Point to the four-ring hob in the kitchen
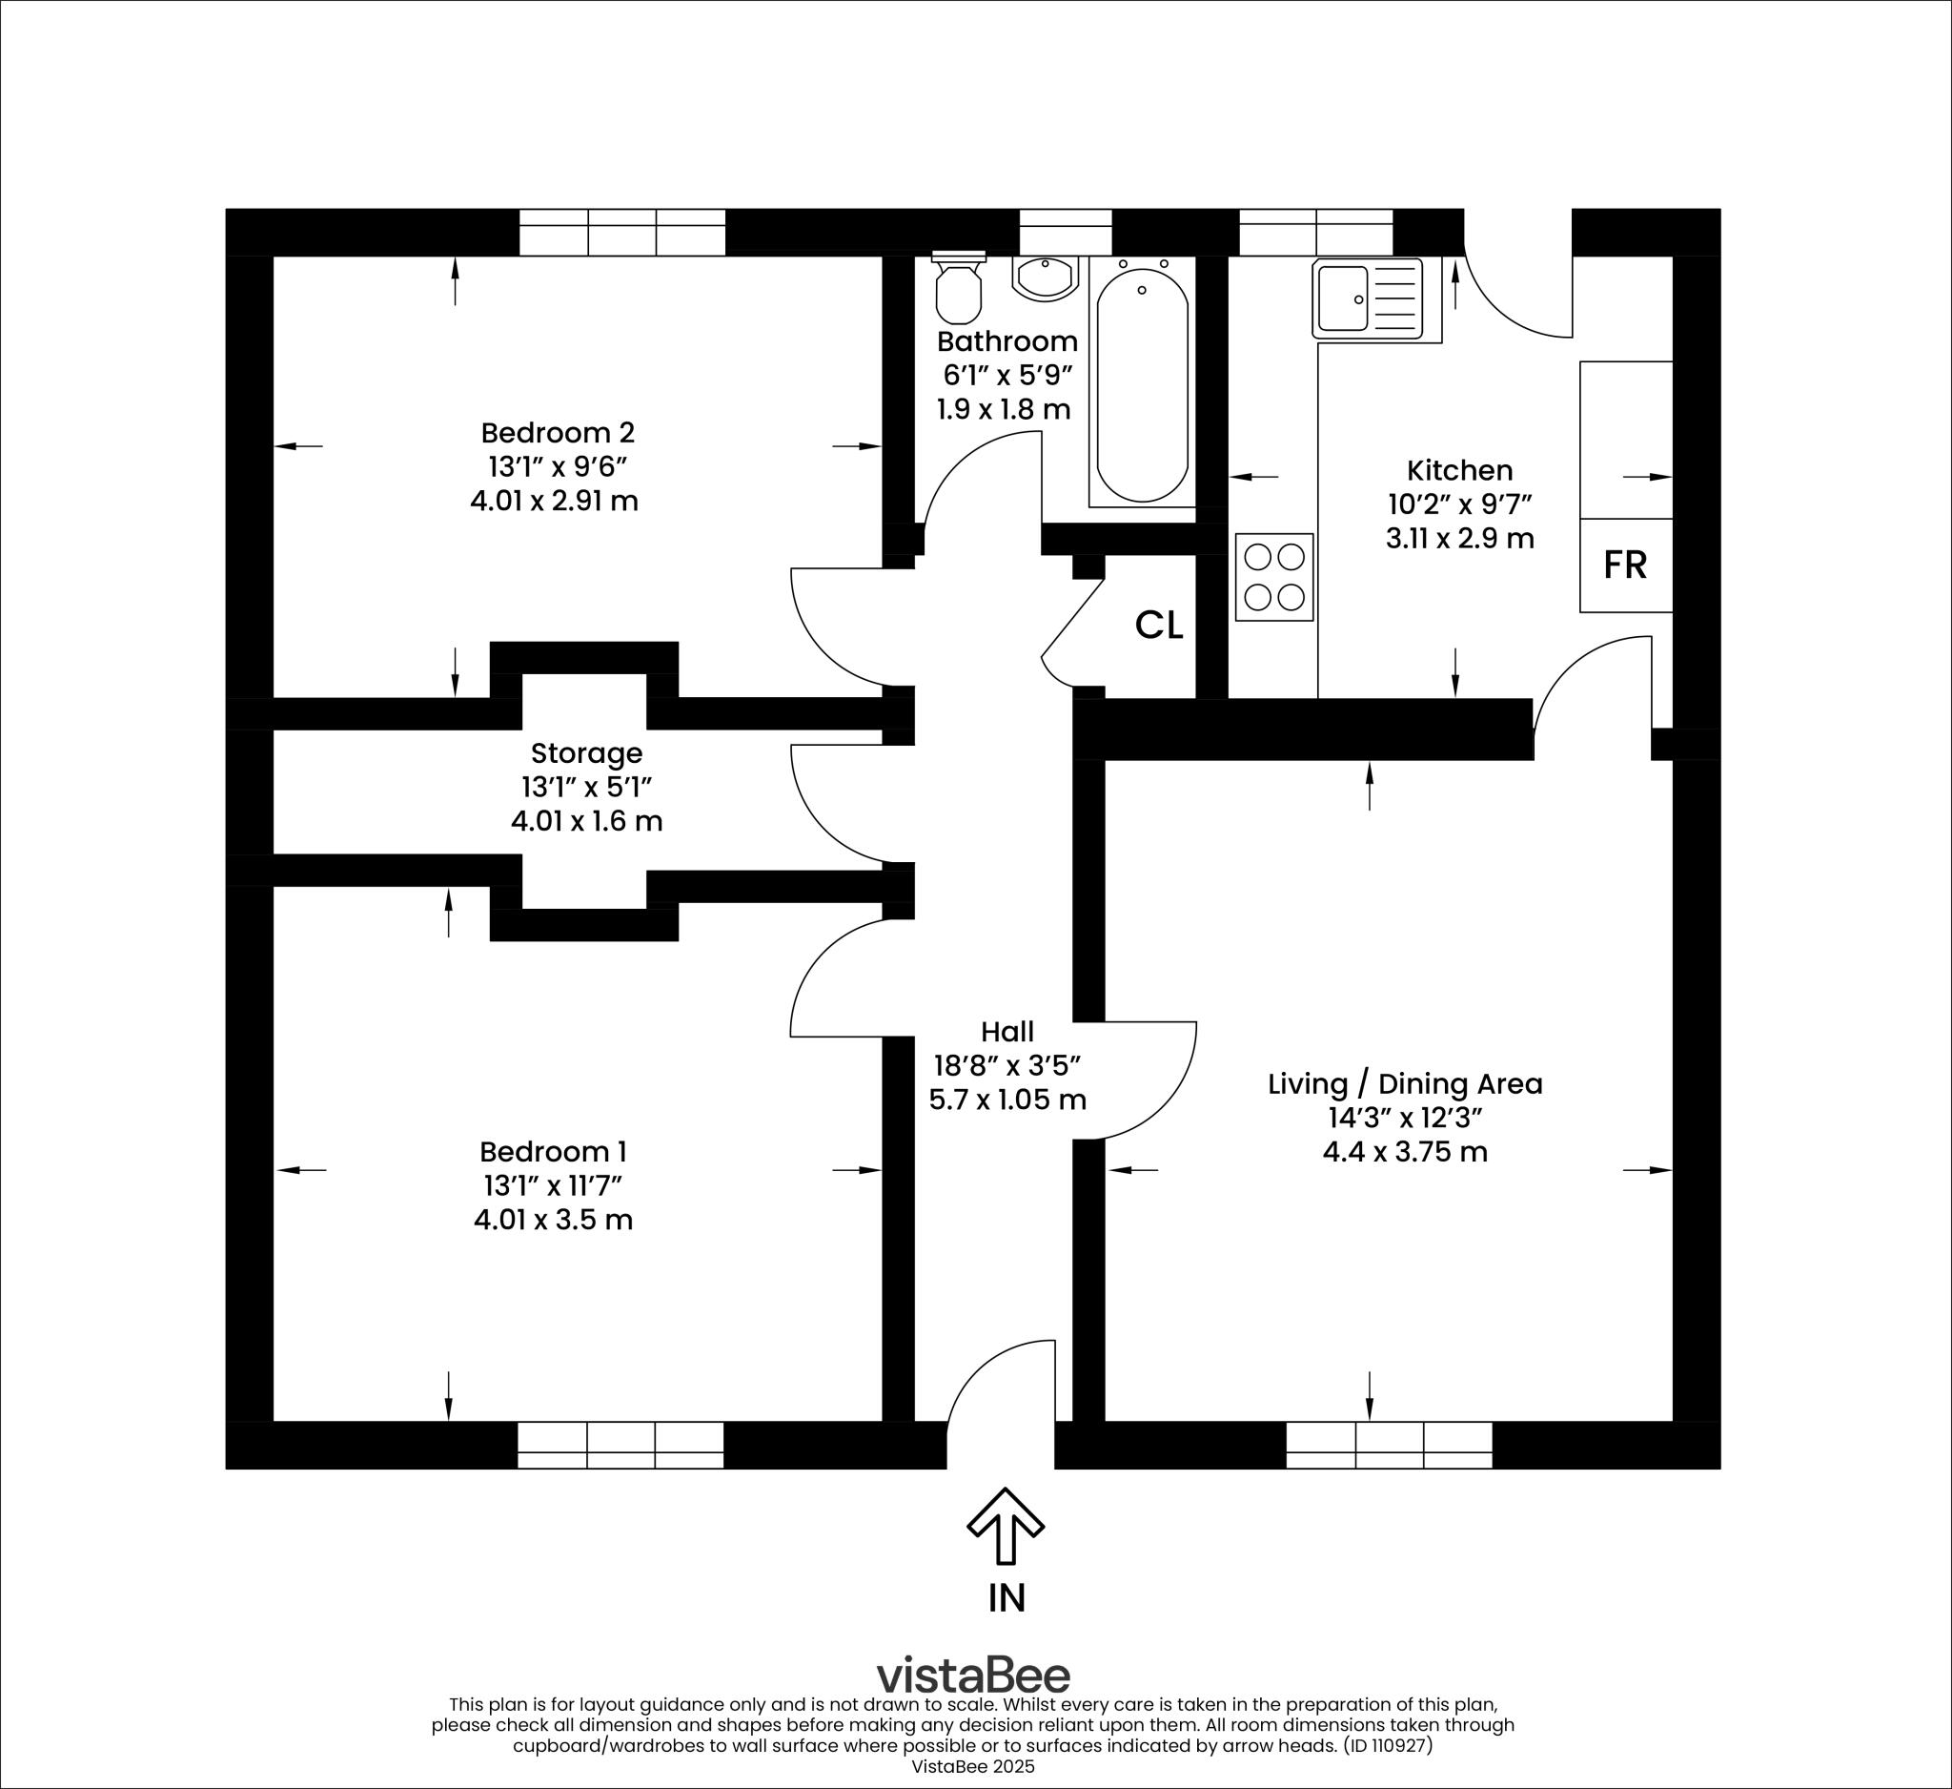[x=1274, y=577]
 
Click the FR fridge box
[x=1626, y=565]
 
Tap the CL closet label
[x=1158, y=627]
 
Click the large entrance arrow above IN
[x=1005, y=1526]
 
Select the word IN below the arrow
[x=1006, y=1598]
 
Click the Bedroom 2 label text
[x=558, y=432]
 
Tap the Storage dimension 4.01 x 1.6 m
[x=587, y=821]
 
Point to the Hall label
[x=1007, y=1032]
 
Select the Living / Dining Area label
[x=1405, y=1084]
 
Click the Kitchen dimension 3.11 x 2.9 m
[x=1459, y=539]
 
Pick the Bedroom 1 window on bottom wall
[x=620, y=1445]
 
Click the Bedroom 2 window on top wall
[x=622, y=233]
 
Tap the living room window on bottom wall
[x=1389, y=1445]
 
